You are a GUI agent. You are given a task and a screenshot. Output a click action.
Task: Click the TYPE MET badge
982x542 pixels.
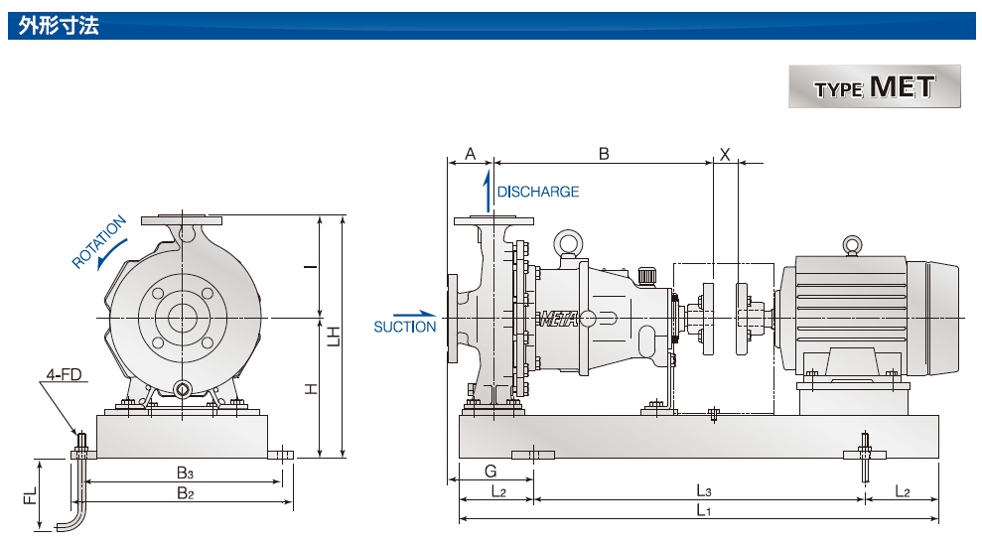click(x=874, y=86)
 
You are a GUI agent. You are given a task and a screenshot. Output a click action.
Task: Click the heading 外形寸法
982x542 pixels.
click(x=58, y=25)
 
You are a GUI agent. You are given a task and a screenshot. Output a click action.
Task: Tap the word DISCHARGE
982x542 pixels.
click(x=537, y=192)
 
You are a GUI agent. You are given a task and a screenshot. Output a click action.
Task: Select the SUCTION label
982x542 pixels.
click(x=404, y=327)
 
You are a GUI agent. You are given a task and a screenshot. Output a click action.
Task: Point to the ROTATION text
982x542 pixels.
click(x=99, y=241)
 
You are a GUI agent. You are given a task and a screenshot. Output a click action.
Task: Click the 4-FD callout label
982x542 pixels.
click(x=64, y=376)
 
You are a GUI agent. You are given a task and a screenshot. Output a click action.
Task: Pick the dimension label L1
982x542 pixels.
click(x=703, y=510)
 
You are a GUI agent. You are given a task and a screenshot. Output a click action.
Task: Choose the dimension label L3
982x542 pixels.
click(x=703, y=491)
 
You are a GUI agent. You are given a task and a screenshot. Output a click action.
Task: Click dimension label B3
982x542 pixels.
click(x=185, y=474)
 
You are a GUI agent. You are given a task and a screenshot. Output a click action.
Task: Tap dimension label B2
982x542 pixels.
click(x=185, y=492)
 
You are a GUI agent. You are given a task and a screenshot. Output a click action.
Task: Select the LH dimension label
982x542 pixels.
click(x=335, y=338)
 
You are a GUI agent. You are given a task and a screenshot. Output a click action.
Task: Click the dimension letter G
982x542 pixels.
click(x=491, y=471)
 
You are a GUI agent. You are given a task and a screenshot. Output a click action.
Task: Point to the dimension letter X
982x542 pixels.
click(x=725, y=154)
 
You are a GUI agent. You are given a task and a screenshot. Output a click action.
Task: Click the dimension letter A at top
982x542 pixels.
click(x=471, y=154)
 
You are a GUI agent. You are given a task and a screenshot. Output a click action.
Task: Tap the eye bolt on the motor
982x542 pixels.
click(x=851, y=245)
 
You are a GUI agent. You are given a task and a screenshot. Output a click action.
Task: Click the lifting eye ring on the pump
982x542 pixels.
click(x=567, y=243)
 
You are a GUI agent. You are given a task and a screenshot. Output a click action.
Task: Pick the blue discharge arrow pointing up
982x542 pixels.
click(x=487, y=191)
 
